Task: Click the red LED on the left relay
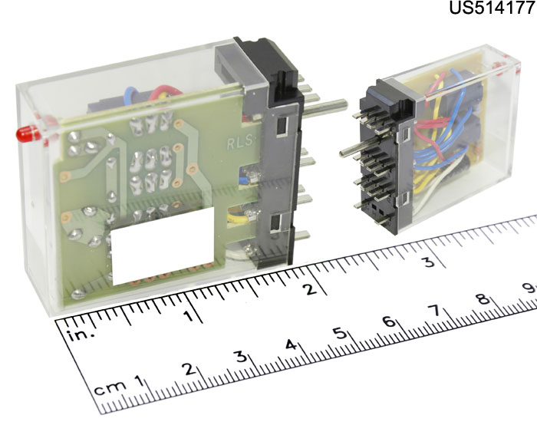(x=28, y=133)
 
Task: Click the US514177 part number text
(x=493, y=8)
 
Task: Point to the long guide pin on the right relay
(x=360, y=147)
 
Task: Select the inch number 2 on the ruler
(x=311, y=290)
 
